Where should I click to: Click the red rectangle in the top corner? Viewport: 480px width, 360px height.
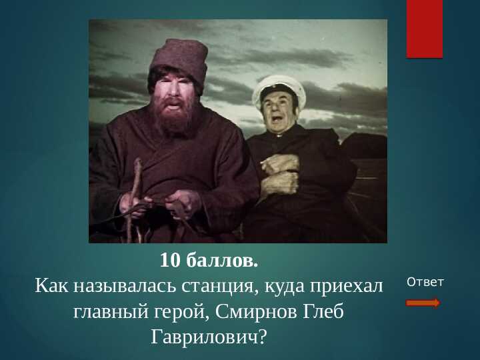point(425,29)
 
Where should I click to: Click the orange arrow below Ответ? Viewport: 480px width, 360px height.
point(423,303)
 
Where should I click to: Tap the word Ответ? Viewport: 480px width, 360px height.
point(425,282)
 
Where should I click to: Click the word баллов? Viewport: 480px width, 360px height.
point(222,260)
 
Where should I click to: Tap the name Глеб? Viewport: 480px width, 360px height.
point(323,312)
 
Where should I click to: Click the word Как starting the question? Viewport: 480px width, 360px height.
point(51,286)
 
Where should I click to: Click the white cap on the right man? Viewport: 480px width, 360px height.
point(279,90)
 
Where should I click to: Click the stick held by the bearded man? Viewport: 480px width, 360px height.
point(134,199)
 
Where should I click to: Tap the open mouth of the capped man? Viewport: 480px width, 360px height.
point(277,117)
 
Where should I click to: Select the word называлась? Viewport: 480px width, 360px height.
point(125,286)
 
